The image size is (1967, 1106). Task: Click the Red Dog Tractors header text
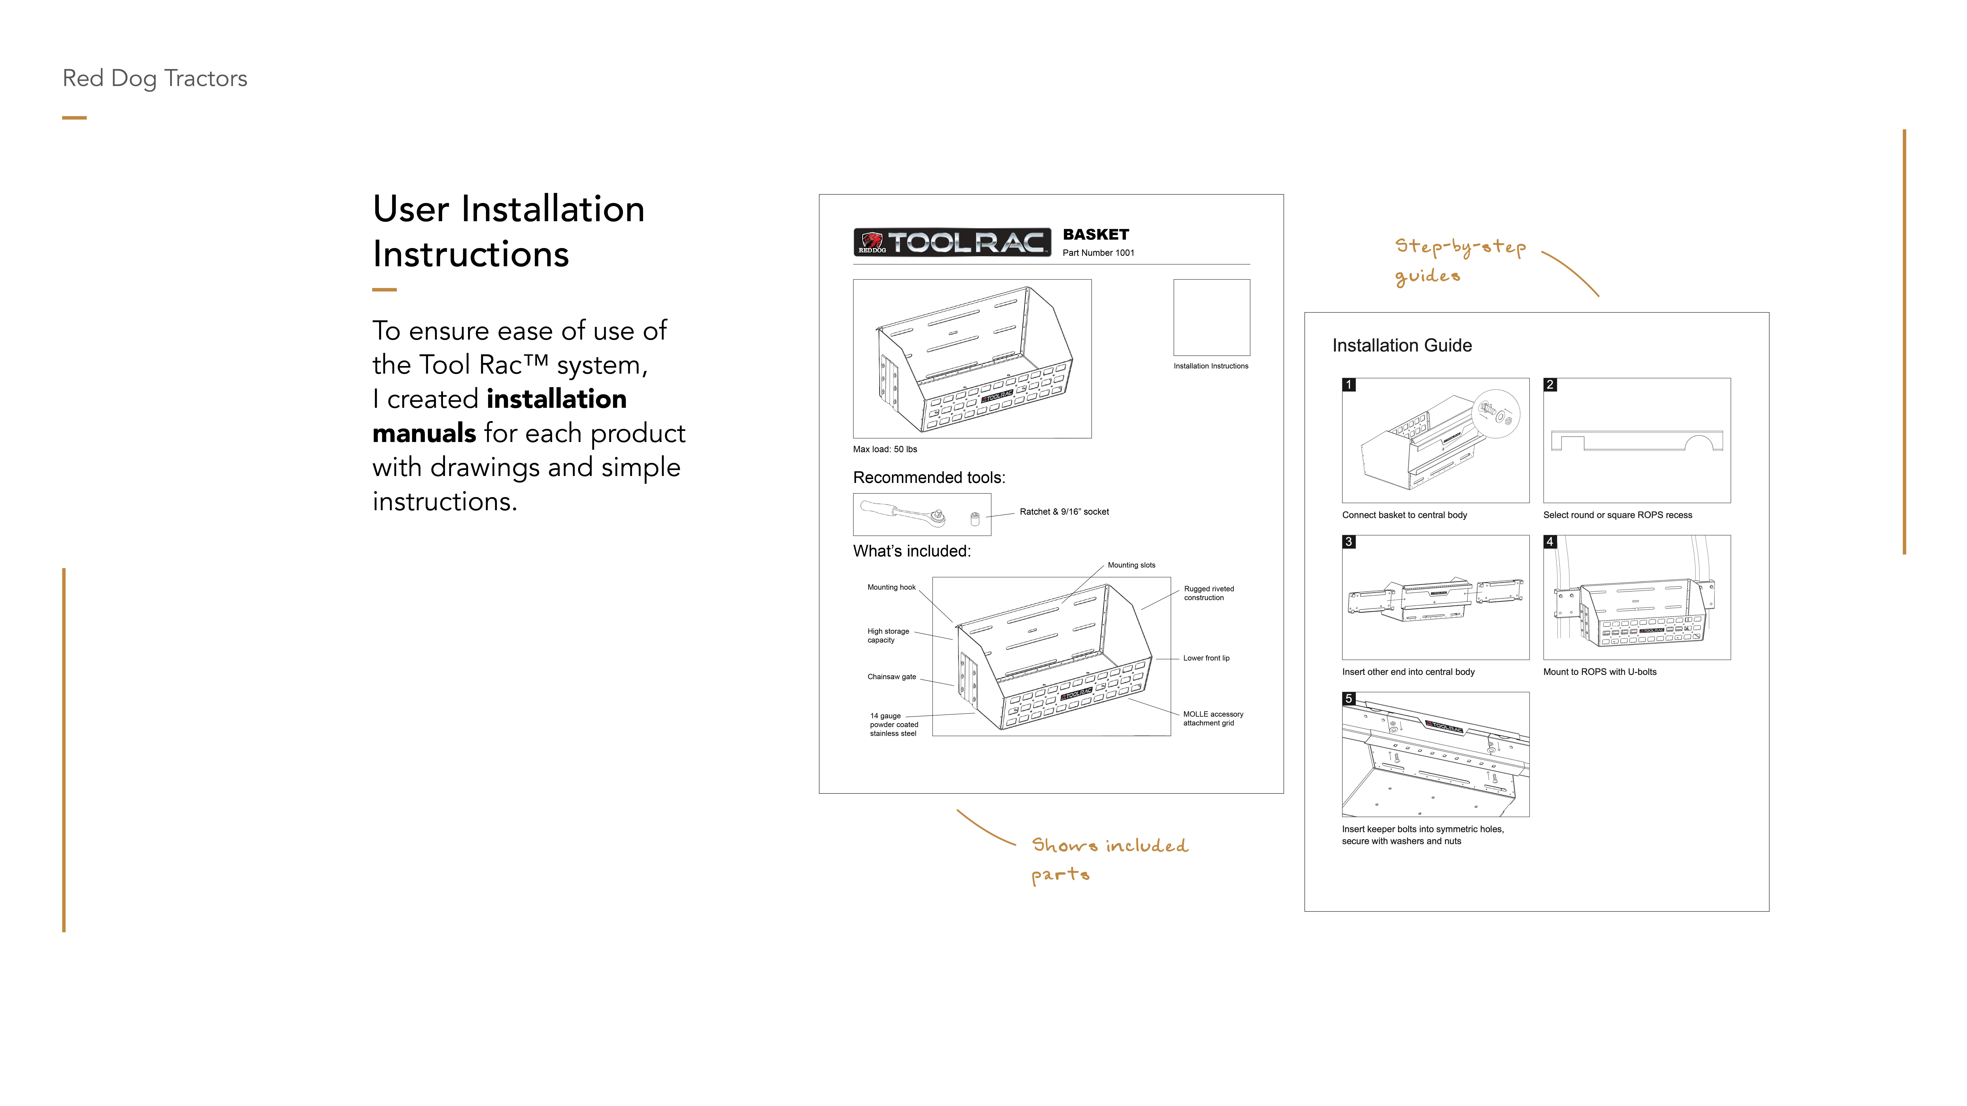click(155, 79)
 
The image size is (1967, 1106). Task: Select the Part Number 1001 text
click(1098, 253)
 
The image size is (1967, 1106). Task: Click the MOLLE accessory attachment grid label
click(1213, 718)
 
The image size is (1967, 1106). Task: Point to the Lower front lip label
click(1206, 658)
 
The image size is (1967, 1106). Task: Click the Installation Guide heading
click(1402, 346)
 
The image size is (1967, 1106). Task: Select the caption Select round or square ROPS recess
click(1617, 515)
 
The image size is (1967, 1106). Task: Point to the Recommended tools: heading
click(929, 478)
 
